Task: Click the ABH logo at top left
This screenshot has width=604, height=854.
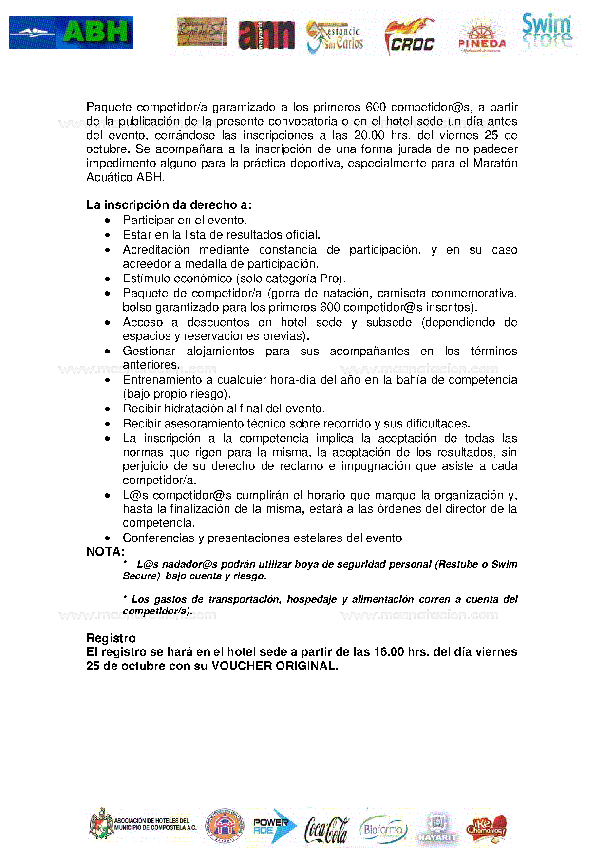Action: (x=71, y=33)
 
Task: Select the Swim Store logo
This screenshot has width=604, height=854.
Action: (x=547, y=31)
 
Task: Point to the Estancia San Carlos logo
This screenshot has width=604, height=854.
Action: (x=335, y=37)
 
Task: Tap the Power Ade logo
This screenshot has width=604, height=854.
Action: (x=274, y=826)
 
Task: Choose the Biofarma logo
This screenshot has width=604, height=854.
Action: (x=383, y=828)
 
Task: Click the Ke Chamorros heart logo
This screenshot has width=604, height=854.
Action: (x=486, y=828)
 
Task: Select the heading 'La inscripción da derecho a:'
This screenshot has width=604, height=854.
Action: (x=169, y=205)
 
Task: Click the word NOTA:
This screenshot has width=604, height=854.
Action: (x=106, y=552)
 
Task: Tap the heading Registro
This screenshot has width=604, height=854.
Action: (x=111, y=638)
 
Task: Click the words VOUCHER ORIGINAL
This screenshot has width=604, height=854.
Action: (x=274, y=666)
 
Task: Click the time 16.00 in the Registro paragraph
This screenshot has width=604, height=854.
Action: (x=389, y=652)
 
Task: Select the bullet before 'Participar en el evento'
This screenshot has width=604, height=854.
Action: (x=108, y=221)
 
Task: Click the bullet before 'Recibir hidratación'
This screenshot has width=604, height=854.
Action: (x=108, y=409)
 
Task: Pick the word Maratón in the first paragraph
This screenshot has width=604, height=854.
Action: (x=495, y=163)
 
